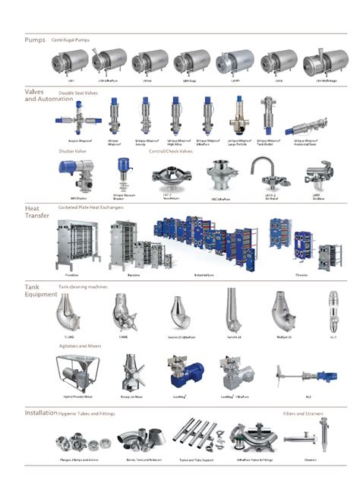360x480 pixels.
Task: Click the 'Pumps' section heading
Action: [35, 39]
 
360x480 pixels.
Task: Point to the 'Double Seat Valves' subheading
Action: [77, 93]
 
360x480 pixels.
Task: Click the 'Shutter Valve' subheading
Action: [73, 151]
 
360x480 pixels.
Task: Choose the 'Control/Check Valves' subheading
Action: [172, 151]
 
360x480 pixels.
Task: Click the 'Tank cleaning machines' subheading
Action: [83, 287]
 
